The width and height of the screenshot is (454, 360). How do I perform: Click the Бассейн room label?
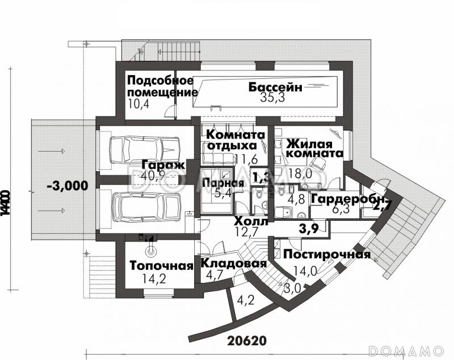point(276,87)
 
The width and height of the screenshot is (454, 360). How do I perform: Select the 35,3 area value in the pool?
point(274,98)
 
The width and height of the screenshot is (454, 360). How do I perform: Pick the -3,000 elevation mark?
point(68,185)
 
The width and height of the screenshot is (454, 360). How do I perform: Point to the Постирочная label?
point(327,254)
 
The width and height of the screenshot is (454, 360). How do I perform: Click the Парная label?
point(223,183)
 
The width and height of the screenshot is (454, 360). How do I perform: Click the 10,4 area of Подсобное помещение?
point(137,104)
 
